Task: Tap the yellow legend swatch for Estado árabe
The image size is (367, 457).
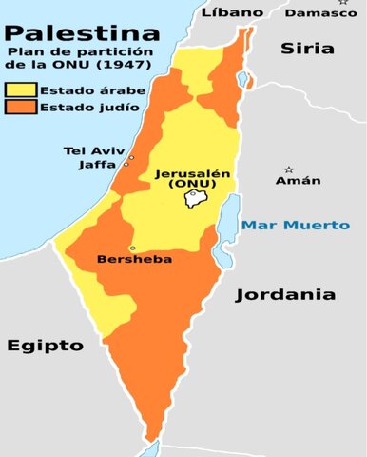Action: [20, 90]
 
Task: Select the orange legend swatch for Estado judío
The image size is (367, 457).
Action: [20, 108]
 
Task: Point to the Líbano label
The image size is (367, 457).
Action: [233, 11]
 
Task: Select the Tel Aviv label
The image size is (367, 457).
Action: [88, 150]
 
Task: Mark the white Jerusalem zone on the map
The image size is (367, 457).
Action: [197, 198]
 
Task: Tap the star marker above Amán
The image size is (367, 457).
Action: [288, 169]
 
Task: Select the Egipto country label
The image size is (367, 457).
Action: [46, 345]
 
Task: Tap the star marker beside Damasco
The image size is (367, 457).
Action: [343, 3]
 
